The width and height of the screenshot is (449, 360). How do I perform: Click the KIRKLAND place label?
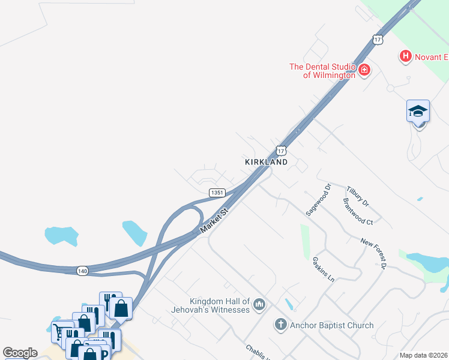(x=266, y=162)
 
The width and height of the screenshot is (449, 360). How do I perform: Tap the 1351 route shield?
(x=217, y=193)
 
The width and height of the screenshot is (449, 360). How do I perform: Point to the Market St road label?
(x=215, y=222)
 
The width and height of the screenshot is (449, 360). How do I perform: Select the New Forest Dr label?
(x=375, y=251)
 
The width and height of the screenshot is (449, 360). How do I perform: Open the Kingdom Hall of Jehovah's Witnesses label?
(x=219, y=305)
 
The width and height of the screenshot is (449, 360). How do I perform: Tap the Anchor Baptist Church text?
(x=331, y=325)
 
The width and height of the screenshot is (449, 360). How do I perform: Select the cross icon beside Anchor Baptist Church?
(x=280, y=325)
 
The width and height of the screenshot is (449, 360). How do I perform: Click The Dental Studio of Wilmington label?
(x=322, y=71)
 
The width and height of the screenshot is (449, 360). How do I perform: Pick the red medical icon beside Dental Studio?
(x=364, y=71)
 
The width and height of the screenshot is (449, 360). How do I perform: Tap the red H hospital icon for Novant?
(x=405, y=56)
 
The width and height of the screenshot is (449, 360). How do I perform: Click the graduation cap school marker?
(x=418, y=111)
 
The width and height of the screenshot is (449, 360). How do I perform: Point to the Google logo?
(x=20, y=353)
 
